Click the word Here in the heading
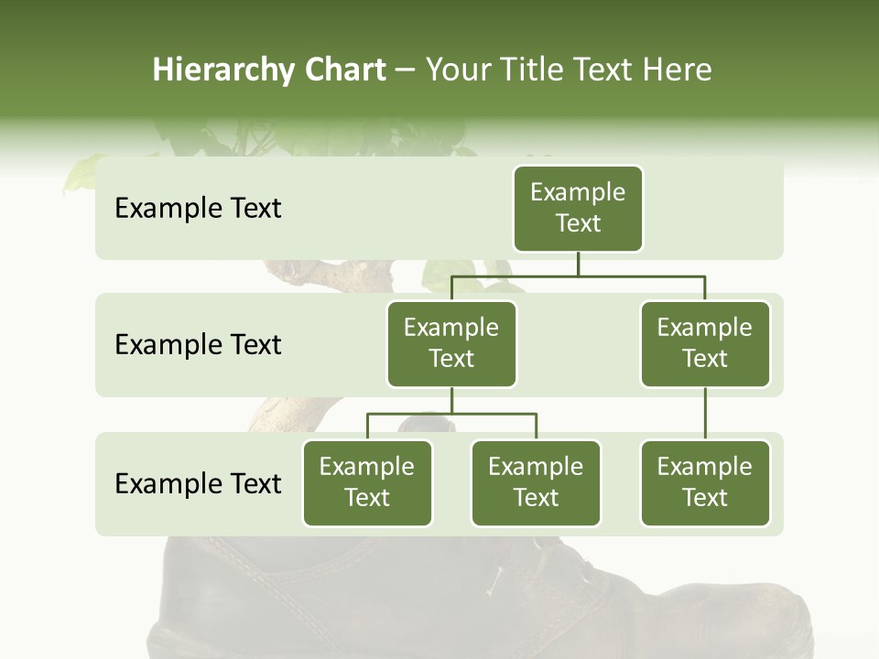678,70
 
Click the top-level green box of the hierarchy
578,208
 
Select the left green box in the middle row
451,343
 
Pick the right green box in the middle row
705,343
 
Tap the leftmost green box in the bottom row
367,482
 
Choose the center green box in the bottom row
536,482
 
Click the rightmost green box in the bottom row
705,482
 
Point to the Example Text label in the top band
198,209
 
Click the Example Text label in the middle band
198,345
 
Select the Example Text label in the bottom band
198,483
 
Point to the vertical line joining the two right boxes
705,414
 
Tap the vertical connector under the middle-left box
451,400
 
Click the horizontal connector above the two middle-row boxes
578,275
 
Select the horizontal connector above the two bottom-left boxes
451,414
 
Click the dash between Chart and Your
406,70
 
